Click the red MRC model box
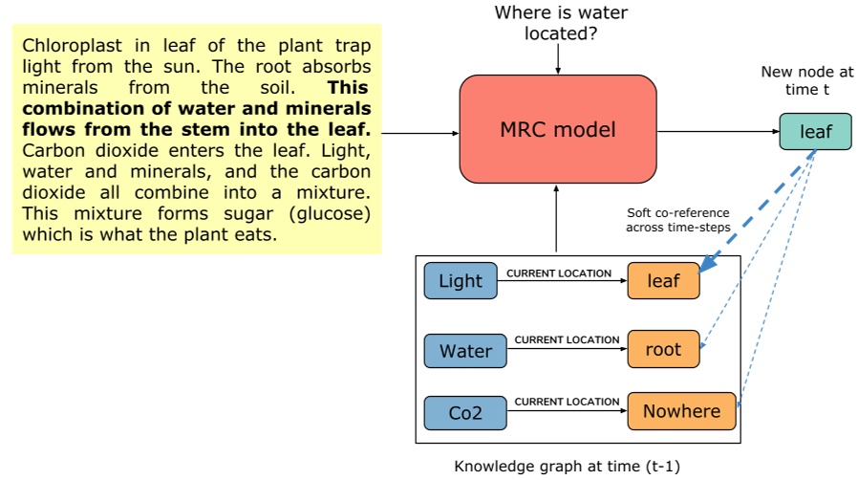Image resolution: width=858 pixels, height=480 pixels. (558, 130)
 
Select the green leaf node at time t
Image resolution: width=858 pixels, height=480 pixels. (815, 132)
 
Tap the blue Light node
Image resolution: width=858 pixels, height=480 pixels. (461, 281)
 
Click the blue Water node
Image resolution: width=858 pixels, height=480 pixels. (465, 351)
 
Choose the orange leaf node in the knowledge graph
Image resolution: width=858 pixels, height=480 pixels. (663, 281)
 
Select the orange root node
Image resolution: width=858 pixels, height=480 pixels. (663, 349)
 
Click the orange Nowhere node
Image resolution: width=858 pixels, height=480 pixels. (682, 411)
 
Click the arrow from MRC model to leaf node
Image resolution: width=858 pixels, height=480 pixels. (717, 132)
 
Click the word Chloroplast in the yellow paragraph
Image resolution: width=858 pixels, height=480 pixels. (68, 46)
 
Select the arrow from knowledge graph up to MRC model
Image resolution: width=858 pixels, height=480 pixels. (556, 221)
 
